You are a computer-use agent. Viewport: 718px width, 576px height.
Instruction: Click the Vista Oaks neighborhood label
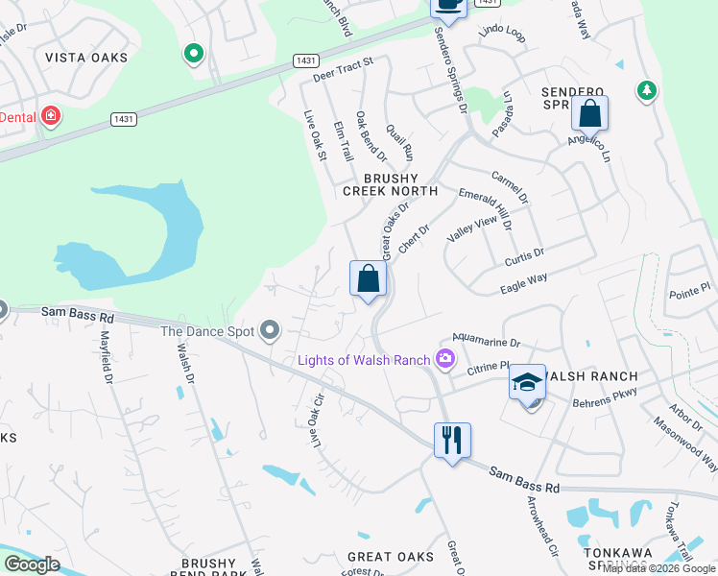(86, 58)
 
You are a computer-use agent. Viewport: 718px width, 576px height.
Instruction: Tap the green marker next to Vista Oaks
(194, 54)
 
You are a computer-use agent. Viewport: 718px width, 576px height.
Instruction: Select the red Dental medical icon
(50, 117)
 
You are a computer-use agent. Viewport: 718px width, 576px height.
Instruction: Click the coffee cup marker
(448, 5)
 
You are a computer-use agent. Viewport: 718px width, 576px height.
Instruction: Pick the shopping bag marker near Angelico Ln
(589, 114)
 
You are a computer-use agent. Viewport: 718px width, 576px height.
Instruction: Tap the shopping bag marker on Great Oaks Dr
(368, 279)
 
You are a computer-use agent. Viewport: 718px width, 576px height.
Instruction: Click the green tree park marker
(647, 90)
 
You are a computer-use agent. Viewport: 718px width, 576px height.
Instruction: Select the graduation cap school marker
(527, 383)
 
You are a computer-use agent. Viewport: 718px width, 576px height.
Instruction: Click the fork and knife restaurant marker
(452, 440)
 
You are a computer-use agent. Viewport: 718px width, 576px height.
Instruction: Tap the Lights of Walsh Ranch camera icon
(444, 360)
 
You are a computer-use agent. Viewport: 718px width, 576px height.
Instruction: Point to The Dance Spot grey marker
(270, 331)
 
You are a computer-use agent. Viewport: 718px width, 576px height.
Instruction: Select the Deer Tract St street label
(343, 66)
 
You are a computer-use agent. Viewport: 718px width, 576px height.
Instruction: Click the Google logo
(32, 564)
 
